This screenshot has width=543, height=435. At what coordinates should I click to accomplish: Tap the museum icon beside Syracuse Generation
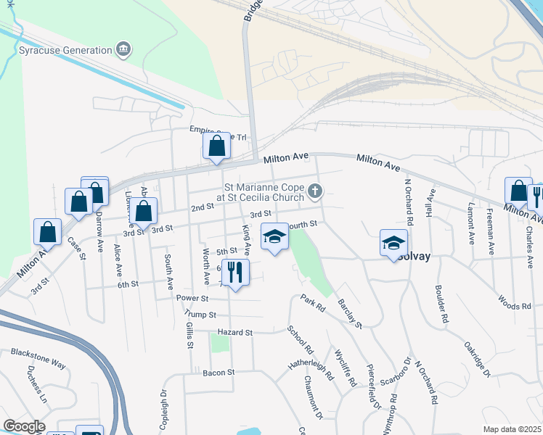(x=123, y=49)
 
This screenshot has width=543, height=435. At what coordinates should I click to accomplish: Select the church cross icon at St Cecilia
(x=314, y=191)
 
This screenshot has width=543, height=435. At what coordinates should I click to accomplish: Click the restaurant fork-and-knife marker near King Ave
(x=234, y=273)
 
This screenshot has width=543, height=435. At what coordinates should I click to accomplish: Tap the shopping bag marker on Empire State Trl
(x=217, y=147)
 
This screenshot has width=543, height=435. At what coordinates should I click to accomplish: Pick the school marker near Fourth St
(x=274, y=237)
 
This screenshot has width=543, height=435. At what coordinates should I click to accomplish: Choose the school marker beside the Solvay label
(x=393, y=243)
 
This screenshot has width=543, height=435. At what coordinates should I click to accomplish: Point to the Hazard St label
(x=234, y=332)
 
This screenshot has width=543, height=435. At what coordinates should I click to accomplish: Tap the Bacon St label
(x=220, y=372)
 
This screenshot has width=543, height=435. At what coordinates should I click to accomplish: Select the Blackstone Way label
(x=38, y=352)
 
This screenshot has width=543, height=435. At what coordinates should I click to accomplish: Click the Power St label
(x=192, y=298)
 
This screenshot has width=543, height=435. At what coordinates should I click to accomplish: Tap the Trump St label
(x=201, y=315)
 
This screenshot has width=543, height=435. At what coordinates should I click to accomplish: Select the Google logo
(x=24, y=426)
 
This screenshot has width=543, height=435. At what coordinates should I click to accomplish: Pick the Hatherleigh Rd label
(x=310, y=368)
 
